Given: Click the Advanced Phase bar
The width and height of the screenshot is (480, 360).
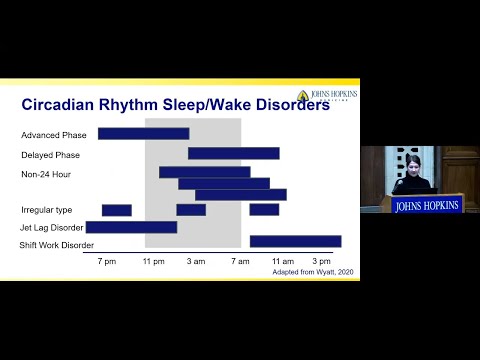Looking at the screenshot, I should click(x=143, y=134).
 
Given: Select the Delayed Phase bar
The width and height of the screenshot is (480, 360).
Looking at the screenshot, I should click(x=233, y=153).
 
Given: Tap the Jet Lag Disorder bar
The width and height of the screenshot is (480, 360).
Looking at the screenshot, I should click(x=131, y=227).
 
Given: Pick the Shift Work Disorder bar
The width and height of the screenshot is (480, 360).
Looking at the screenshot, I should click(x=295, y=241).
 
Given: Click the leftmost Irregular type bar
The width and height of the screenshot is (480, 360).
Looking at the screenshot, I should click(x=116, y=210).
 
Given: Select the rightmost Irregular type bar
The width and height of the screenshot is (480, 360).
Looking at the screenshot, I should click(x=264, y=210).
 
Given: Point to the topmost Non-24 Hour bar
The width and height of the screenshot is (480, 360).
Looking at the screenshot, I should click(x=204, y=172).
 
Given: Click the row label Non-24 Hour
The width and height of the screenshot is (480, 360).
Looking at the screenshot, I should click(x=46, y=174).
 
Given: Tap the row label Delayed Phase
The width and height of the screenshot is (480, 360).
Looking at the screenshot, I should click(x=50, y=155).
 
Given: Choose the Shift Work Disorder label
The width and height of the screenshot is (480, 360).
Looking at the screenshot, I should click(x=57, y=245).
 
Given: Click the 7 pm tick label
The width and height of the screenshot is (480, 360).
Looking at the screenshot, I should click(x=106, y=260).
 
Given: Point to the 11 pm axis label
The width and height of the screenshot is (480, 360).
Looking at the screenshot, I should click(x=152, y=260).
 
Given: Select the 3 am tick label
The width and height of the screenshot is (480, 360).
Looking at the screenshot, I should click(x=196, y=260).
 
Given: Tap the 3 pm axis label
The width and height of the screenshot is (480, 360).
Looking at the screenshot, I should click(x=320, y=260).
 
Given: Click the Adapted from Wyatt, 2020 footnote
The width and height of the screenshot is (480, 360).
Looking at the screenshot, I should click(x=313, y=271).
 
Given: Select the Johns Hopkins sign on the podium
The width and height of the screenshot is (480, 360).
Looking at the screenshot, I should click(x=427, y=206).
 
